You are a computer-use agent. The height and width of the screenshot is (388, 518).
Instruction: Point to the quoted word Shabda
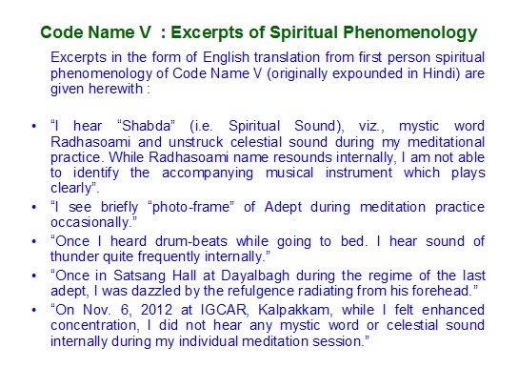146,126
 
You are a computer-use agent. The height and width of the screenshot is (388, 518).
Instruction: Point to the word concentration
93,325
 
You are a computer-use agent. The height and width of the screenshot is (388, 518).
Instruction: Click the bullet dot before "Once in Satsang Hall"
34,276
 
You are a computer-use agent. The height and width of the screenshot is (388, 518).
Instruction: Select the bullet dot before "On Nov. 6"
34,310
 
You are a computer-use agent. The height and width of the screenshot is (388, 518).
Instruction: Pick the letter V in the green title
146,32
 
